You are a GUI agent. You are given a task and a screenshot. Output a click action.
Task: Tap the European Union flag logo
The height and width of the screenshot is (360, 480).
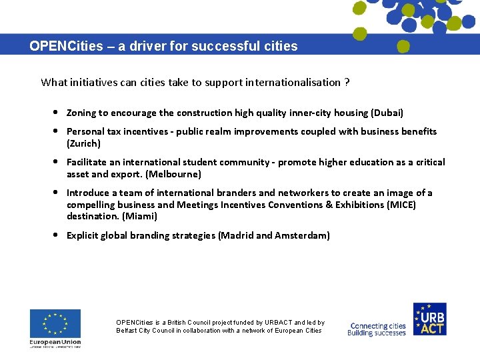tap(55, 323)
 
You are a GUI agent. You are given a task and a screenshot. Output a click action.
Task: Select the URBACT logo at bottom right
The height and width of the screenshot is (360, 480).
tap(429, 319)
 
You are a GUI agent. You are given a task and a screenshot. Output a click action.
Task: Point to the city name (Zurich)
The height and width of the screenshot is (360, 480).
tap(84, 143)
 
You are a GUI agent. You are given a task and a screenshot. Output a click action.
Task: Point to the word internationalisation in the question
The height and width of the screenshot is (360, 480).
tap(293, 83)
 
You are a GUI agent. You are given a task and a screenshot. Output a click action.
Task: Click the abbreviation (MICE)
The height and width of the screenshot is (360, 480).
tap(401, 205)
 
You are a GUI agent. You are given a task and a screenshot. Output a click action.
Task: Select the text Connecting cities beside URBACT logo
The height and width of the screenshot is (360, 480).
tap(378, 327)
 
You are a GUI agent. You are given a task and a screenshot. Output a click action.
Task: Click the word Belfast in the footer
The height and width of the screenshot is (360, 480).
tap(127, 331)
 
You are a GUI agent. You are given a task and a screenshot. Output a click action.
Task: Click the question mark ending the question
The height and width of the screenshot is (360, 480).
tap(347, 83)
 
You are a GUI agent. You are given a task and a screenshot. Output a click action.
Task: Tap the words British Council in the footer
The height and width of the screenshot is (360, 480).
tap(185, 323)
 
